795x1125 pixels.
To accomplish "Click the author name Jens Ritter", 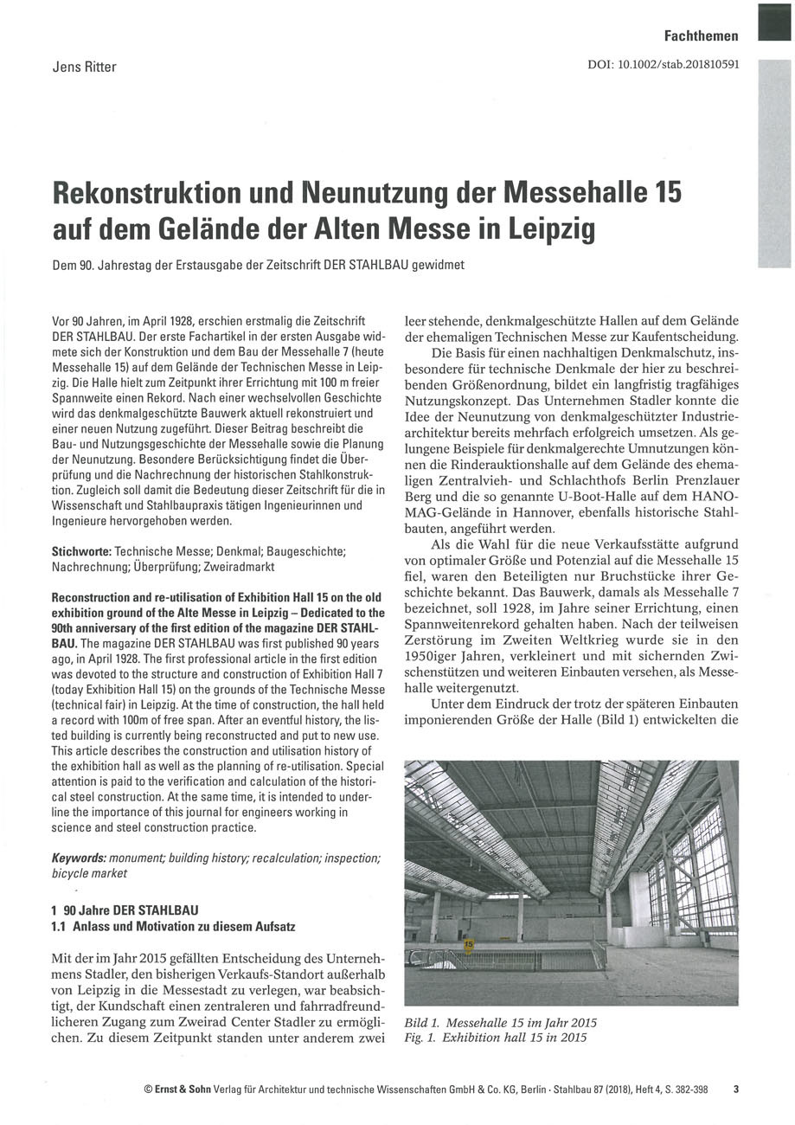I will coord(82,66).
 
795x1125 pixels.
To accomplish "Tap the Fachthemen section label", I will coord(701,35).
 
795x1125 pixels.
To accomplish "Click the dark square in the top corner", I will coord(774,21).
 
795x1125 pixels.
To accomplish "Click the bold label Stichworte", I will coord(80,551).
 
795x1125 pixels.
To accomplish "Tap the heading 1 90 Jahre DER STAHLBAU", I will coord(125,910).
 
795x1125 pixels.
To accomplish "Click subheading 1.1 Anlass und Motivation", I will coord(173,926).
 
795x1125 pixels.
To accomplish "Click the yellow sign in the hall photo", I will coord(468,945).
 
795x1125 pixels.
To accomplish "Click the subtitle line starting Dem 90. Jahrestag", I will coord(258,266).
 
